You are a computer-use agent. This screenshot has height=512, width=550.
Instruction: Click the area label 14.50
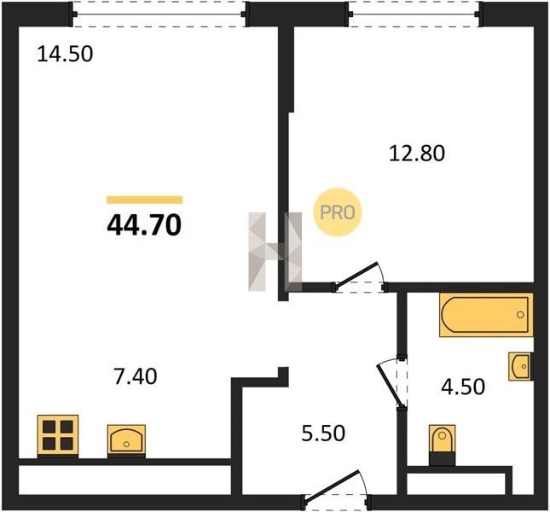tap(65, 54)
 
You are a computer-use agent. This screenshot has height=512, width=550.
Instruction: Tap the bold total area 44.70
tap(144, 224)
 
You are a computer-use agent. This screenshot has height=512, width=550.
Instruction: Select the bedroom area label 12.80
tap(417, 154)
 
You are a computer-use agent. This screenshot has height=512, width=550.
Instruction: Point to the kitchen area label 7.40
tap(136, 376)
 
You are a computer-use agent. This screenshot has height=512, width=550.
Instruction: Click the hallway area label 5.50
tap(323, 433)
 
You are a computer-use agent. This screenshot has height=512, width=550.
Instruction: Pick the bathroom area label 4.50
tap(463, 387)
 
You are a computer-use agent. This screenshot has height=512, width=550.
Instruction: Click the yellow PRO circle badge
tap(337, 212)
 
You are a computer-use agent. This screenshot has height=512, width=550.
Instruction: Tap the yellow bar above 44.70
tap(144, 200)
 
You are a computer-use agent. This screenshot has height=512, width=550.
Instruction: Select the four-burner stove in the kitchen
tap(58, 436)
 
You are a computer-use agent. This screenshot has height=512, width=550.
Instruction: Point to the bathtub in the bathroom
tap(486, 315)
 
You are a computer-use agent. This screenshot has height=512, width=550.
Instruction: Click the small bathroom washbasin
tap(520, 366)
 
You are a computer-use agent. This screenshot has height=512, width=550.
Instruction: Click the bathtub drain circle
tap(520, 315)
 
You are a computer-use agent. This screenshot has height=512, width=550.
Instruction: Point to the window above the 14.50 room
tap(159, 14)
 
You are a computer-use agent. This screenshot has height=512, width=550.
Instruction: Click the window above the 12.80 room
tap(414, 14)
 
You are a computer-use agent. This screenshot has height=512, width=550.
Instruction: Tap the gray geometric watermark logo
tap(275, 252)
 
